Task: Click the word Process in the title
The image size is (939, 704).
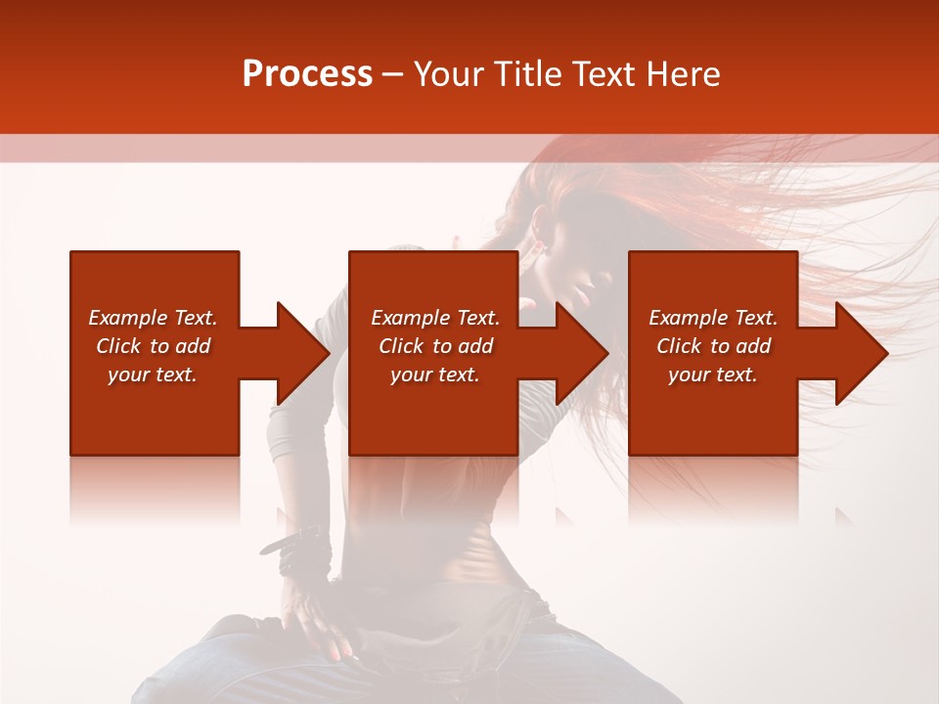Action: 307,74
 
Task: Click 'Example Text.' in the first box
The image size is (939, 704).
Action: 153,318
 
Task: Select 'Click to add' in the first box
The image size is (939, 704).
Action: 153,346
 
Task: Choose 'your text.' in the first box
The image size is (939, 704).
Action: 153,374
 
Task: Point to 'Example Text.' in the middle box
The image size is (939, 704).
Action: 435,318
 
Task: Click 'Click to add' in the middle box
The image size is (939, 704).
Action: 435,346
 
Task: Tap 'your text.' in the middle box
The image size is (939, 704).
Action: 435,374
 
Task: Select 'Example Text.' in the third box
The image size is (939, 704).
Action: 713,318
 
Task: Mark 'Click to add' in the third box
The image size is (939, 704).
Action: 713,346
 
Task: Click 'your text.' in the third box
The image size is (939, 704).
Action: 713,374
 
